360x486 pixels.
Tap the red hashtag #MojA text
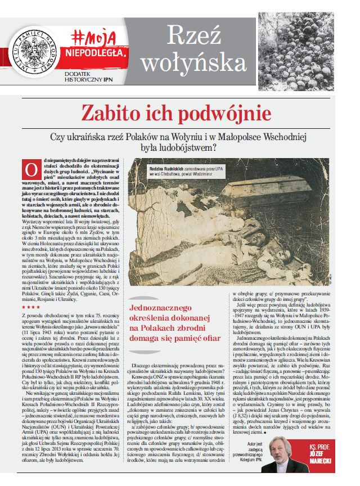click(94, 38)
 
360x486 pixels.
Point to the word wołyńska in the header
click(192, 64)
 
